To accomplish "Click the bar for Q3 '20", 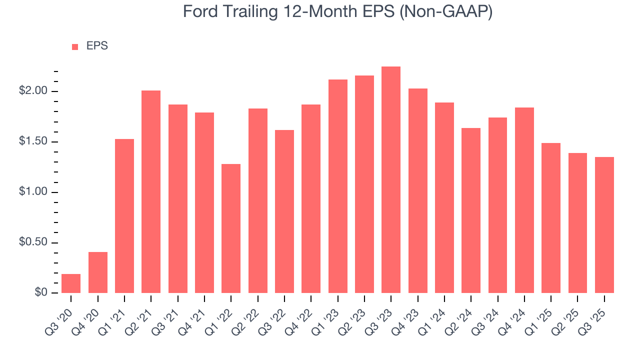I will point(71,283).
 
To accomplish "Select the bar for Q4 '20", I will point(97,272).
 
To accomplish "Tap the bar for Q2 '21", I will point(151,191).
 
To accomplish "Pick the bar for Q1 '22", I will point(231,228).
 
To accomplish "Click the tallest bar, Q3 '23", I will point(391,179).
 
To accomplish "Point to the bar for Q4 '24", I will point(524,200).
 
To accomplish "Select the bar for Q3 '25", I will point(604,225).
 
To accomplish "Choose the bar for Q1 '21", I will point(124,216).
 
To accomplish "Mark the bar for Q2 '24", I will point(471,210).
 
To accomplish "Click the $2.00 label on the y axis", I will point(33,91).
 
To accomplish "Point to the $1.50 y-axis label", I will point(33,141).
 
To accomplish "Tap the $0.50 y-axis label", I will point(33,242).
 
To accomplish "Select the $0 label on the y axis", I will point(41,293).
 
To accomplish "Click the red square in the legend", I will point(75,46).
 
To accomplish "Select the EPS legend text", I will point(97,46).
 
